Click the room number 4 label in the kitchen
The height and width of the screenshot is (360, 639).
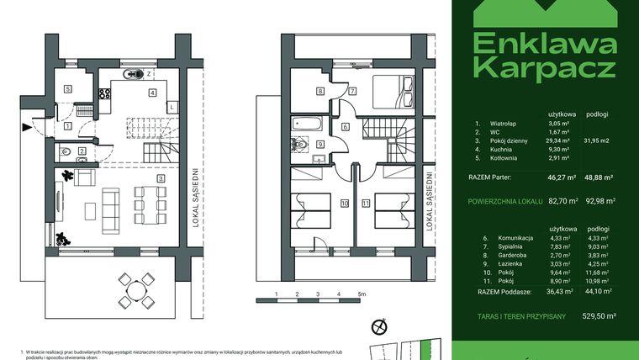(151, 93)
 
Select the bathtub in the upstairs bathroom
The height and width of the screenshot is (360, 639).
(304, 124)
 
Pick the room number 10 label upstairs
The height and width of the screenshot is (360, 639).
(344, 203)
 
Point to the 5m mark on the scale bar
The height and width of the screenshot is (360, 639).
(359, 294)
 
